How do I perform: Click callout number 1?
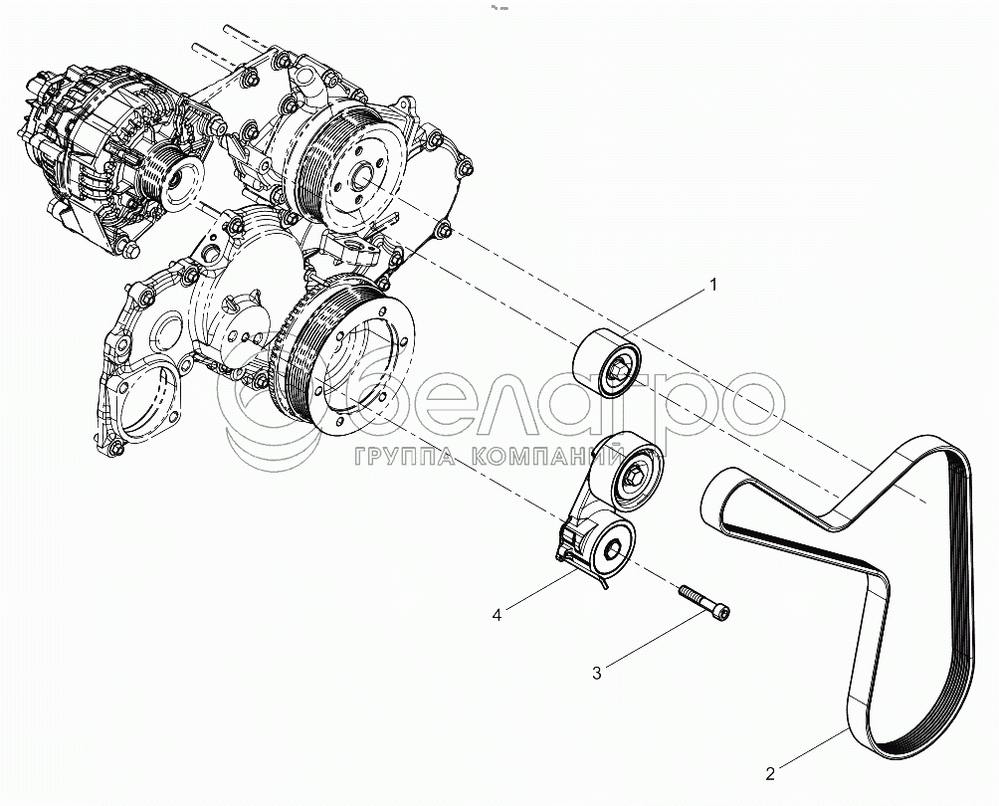713,285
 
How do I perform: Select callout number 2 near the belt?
770,774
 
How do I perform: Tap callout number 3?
596,674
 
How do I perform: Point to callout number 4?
497,615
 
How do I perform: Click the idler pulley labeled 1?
606,363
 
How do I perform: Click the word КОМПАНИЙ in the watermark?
547,456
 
